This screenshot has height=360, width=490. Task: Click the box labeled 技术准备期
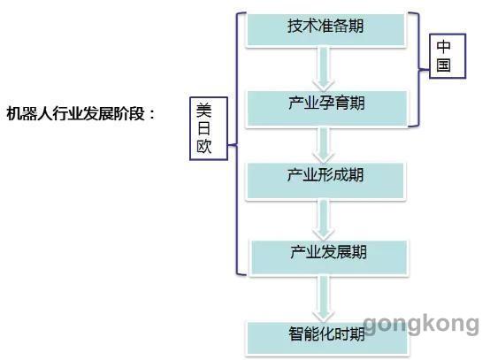(326, 30)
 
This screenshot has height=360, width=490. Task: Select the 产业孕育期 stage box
(327, 109)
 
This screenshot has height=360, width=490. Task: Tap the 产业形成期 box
(325, 181)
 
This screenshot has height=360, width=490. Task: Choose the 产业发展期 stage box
(329, 257)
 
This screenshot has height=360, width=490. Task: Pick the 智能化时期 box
(327, 339)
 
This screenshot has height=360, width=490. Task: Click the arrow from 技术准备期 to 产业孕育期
(324, 69)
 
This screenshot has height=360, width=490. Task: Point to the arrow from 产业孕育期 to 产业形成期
(324, 145)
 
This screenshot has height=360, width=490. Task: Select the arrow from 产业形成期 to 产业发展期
(324, 220)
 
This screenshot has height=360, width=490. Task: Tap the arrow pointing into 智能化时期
(324, 299)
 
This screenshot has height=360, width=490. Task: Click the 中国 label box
(448, 56)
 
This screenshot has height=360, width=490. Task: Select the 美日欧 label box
(209, 128)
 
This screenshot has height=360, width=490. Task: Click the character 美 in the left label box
(204, 111)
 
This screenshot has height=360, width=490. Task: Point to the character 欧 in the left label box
(204, 146)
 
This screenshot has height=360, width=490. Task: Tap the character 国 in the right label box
(443, 65)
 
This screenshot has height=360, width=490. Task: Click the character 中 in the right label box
(443, 47)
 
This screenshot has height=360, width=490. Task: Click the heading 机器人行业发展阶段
(76, 113)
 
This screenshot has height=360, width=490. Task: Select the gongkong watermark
(421, 324)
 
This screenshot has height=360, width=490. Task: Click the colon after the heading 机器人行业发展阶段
(152, 114)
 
